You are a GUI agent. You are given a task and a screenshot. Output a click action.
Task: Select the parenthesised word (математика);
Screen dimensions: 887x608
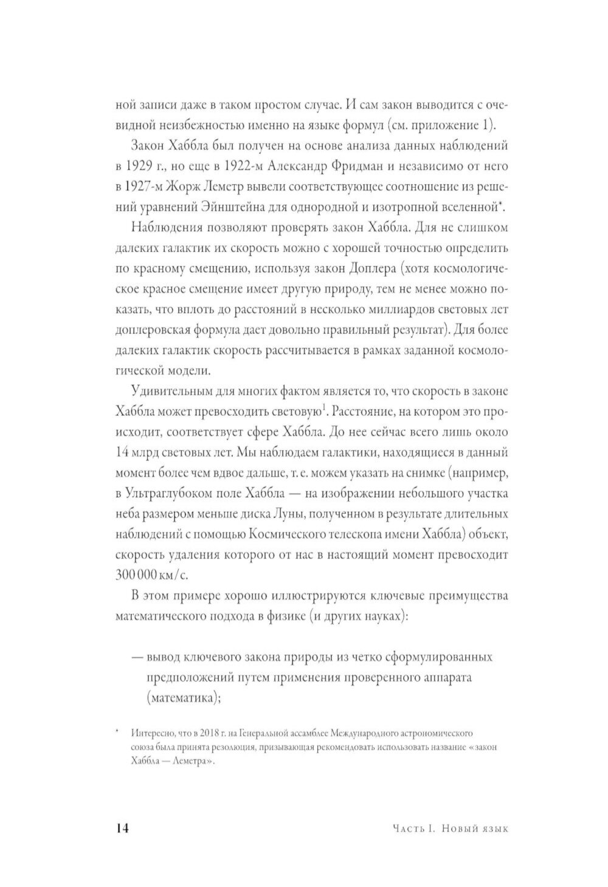pyautogui.click(x=182, y=699)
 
